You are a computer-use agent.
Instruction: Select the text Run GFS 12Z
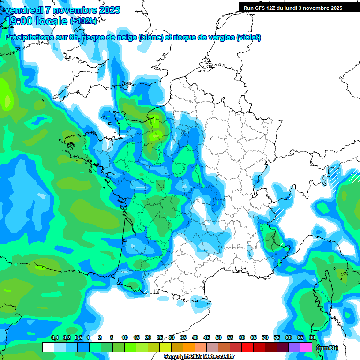[260, 8]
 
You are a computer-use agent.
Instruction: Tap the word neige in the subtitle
[126, 37]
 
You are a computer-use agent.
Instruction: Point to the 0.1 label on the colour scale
[54, 337]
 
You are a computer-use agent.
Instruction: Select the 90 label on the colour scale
[312, 337]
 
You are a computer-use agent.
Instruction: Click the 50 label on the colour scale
[218, 337]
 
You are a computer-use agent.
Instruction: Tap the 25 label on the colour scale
[160, 337]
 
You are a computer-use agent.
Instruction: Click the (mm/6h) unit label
[327, 348]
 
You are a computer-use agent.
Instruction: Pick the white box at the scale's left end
[48, 347]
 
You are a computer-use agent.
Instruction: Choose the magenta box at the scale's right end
[306, 347]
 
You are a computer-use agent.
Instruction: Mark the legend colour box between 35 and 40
[189, 347]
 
